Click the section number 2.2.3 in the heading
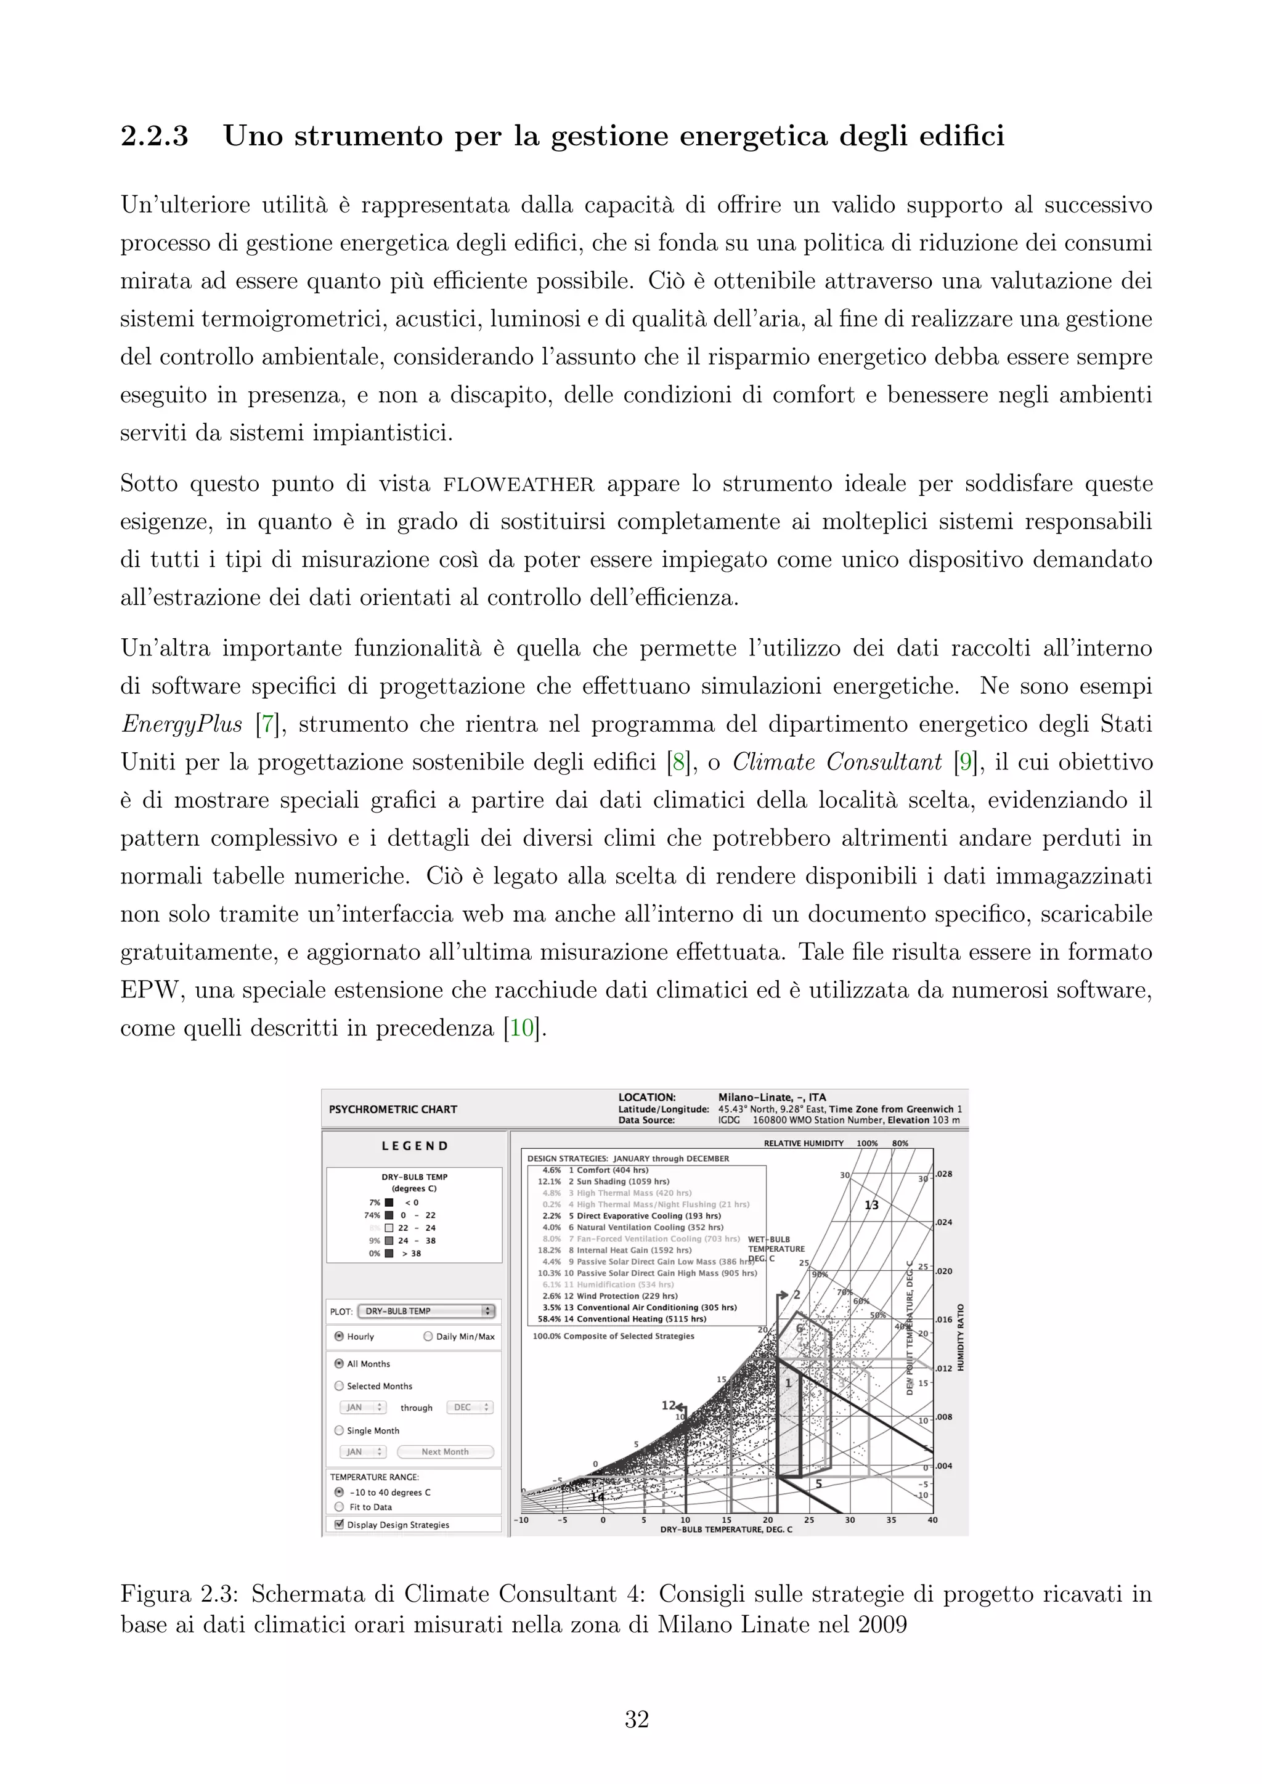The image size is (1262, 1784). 155,137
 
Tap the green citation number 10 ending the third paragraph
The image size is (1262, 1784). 521,1029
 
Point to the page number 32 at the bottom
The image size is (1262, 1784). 637,1719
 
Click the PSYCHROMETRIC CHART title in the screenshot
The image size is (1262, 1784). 393,1109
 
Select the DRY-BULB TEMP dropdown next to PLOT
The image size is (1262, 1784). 426,1311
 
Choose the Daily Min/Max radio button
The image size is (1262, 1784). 428,1336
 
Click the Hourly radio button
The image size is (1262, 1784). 339,1336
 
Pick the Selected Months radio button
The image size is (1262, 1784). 339,1385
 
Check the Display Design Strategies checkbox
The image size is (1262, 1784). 339,1525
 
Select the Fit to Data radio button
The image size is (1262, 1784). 339,1507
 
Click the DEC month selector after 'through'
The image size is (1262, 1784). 470,1407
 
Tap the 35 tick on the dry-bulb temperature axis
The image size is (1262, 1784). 891,1520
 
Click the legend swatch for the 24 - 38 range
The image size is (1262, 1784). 389,1241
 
